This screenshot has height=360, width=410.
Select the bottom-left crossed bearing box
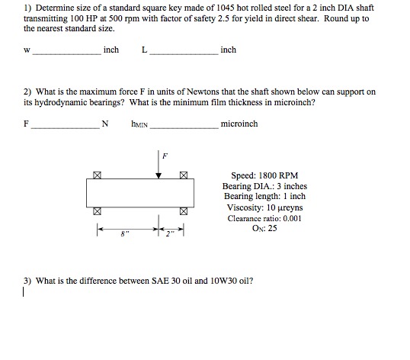(97, 212)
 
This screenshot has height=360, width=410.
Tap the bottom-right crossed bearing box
(184, 212)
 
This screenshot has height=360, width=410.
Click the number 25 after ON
(272, 229)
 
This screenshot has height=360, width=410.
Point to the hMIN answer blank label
(139, 124)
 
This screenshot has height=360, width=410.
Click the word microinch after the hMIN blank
(239, 124)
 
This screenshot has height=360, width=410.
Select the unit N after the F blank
(105, 124)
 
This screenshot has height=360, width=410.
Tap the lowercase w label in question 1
(27, 51)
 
